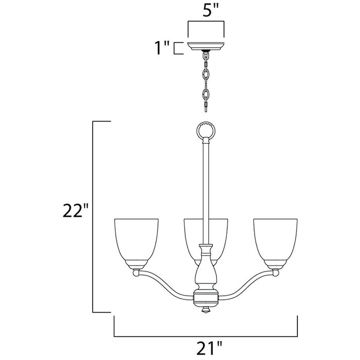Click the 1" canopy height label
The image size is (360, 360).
(161, 48)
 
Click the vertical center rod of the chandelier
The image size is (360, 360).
(206, 190)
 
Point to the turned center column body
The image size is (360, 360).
(206, 270)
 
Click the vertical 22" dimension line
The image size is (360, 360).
(93, 216)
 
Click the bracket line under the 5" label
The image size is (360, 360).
(206, 22)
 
